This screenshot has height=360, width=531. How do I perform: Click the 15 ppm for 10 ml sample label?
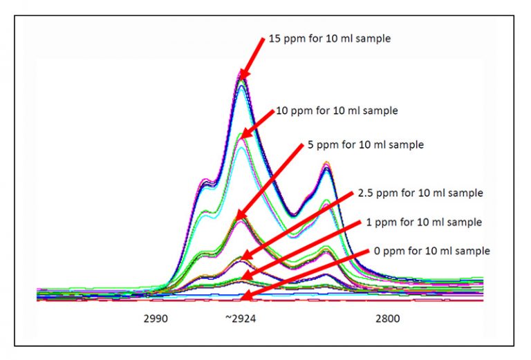328,39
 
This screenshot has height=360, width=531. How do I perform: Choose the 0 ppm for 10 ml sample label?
431,250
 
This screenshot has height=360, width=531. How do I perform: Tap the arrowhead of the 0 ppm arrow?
241,298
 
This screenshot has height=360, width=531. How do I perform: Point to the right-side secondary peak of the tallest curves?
326,167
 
